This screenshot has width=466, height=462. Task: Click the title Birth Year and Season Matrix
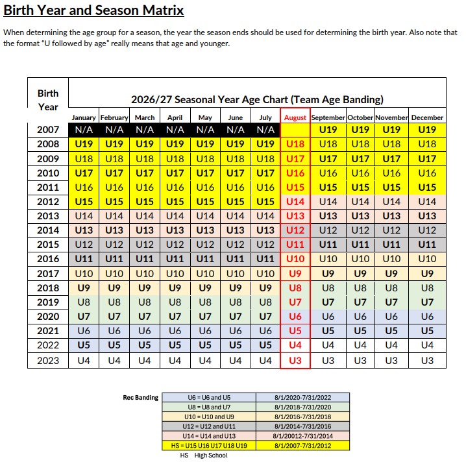click(x=93, y=11)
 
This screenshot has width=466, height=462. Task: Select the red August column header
click(x=295, y=117)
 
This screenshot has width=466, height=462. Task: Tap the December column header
click(x=427, y=117)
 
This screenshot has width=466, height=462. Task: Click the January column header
click(x=83, y=117)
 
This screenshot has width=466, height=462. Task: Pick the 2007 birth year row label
click(x=47, y=130)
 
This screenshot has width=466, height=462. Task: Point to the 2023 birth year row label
click(x=47, y=361)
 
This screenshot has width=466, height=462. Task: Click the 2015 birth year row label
click(x=47, y=245)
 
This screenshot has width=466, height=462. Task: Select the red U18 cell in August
click(x=295, y=144)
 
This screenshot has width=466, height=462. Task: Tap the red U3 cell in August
click(x=295, y=361)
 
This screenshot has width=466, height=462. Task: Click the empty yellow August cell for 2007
click(x=295, y=130)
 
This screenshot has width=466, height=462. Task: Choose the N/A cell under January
click(x=83, y=130)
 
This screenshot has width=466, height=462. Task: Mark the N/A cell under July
click(x=265, y=130)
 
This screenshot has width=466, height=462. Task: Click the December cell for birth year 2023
click(x=427, y=361)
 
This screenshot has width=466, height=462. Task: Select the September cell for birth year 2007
click(x=328, y=130)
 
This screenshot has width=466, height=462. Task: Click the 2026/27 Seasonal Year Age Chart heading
click(x=257, y=99)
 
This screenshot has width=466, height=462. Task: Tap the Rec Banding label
click(x=141, y=398)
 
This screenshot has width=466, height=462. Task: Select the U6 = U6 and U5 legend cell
click(x=208, y=398)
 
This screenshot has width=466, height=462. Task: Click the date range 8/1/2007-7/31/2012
click(x=302, y=446)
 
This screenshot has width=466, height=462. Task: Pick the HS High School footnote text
click(x=204, y=456)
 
